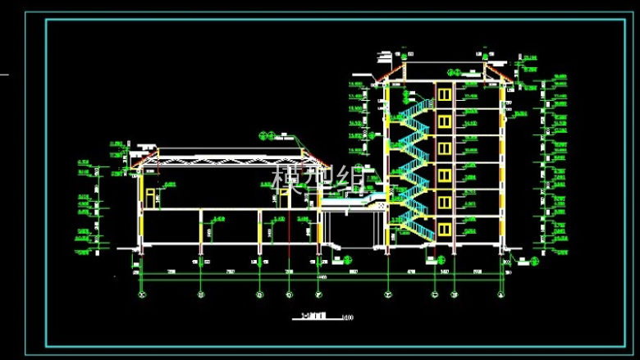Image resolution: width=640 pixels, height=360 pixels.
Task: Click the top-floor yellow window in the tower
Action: [445, 94]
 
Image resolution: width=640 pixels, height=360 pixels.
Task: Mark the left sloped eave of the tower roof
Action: [387, 77]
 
